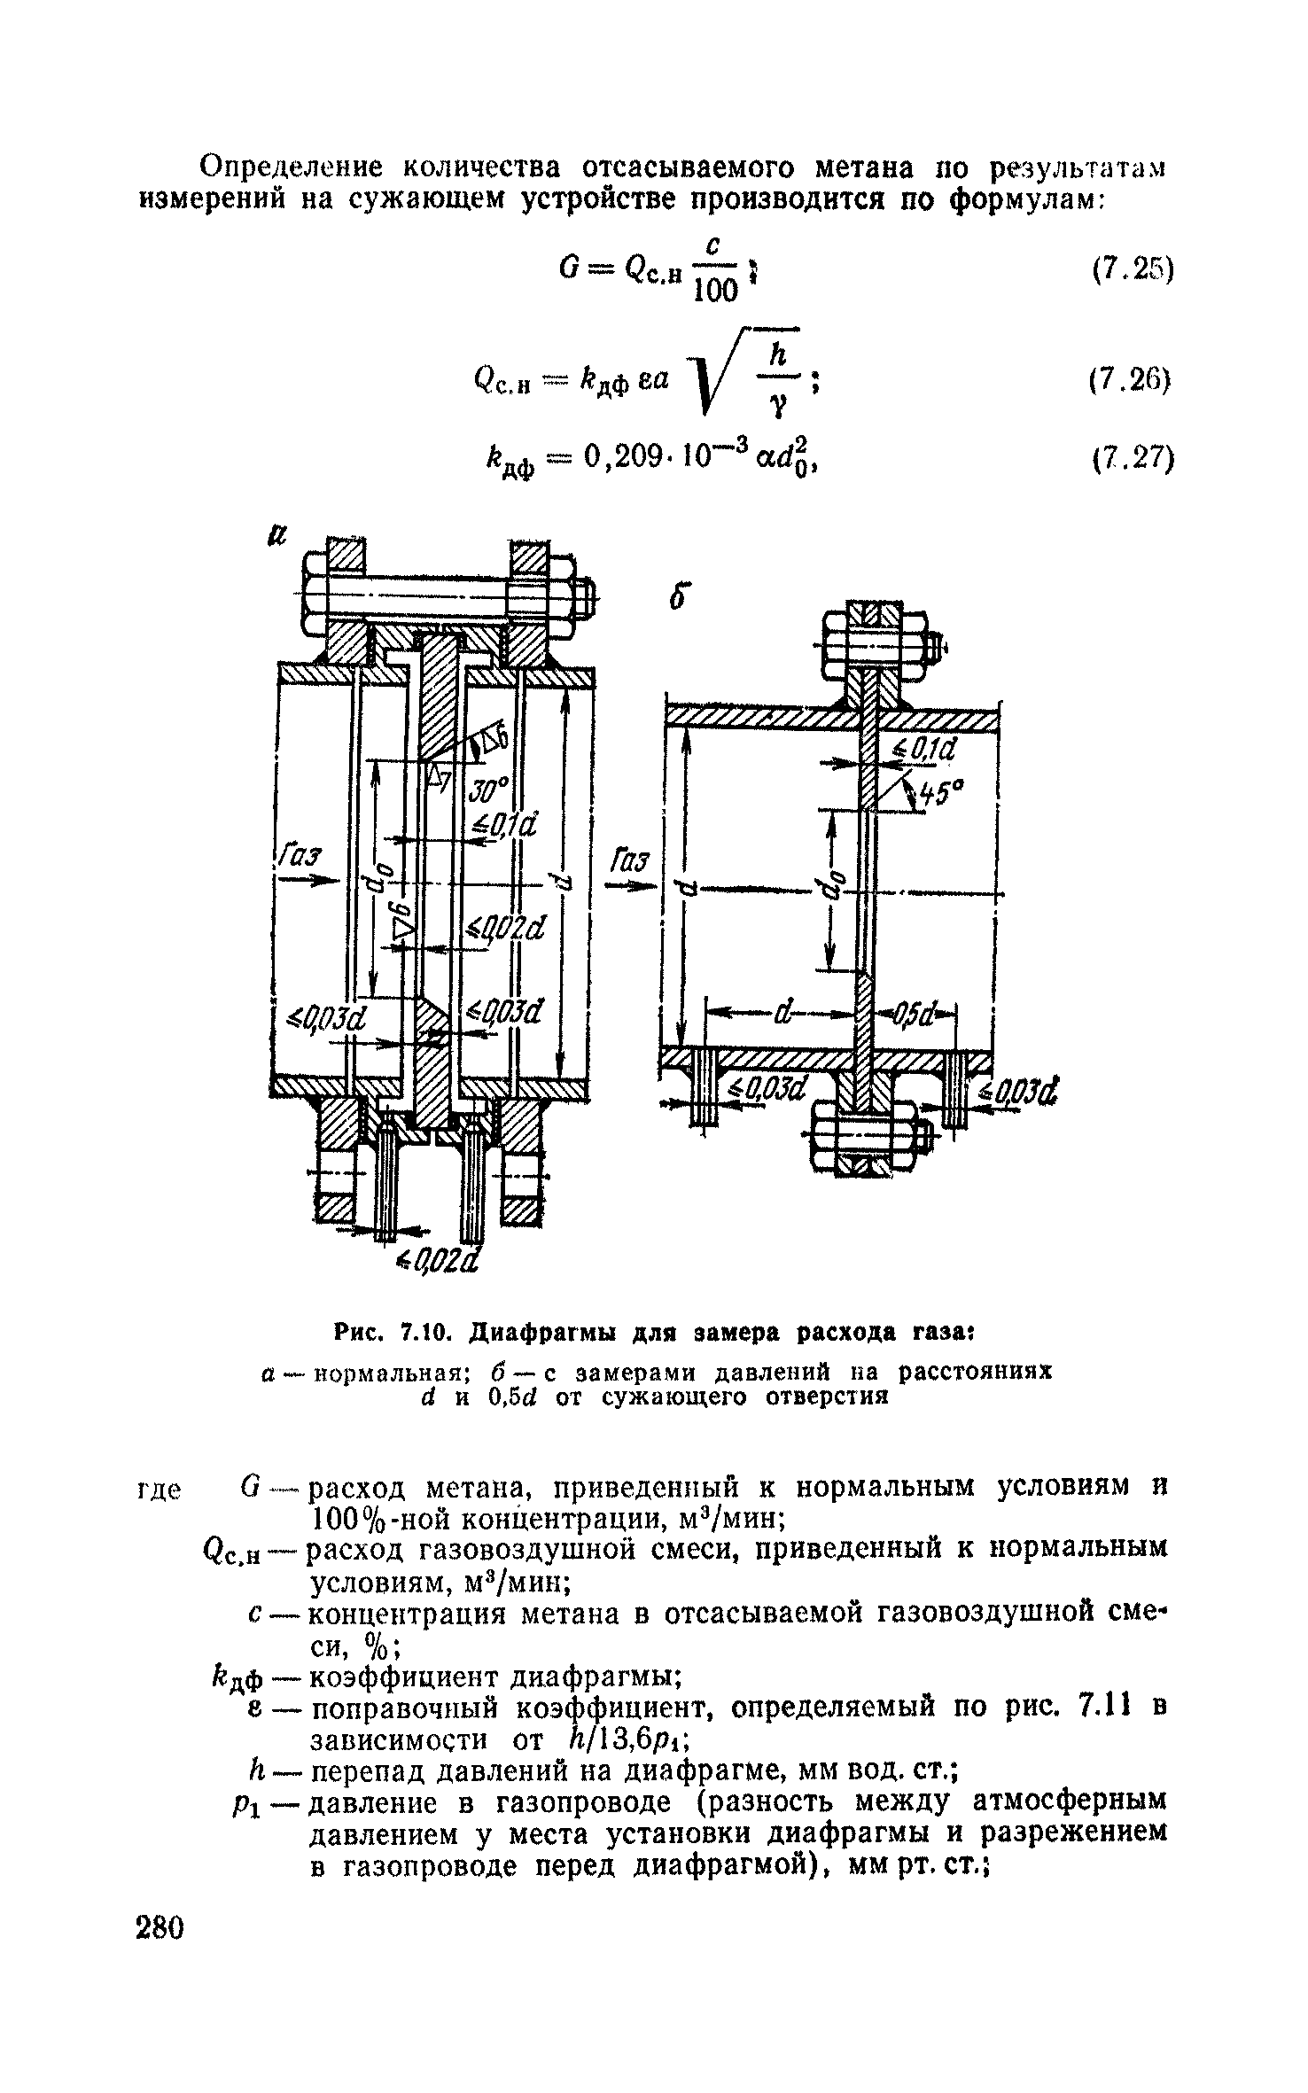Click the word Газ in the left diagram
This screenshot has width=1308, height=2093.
coord(302,858)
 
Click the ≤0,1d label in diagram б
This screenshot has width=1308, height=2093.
coord(927,750)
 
